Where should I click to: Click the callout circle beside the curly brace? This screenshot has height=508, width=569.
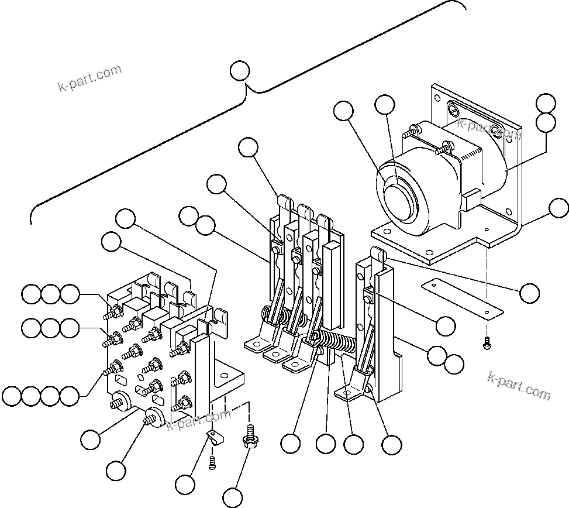pyautogui.click(x=240, y=71)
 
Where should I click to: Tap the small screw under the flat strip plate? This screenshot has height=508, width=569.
pyautogui.click(x=487, y=345)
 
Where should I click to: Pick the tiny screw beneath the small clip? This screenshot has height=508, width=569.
pyautogui.click(x=213, y=464)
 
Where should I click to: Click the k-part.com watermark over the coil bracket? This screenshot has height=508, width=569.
pyautogui.click(x=488, y=129)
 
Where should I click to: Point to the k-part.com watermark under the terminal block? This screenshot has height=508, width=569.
pyautogui.click(x=199, y=420)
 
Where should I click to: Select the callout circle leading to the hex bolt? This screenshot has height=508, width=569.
pyautogui.click(x=233, y=497)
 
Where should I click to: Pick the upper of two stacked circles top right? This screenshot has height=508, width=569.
pyautogui.click(x=546, y=102)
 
